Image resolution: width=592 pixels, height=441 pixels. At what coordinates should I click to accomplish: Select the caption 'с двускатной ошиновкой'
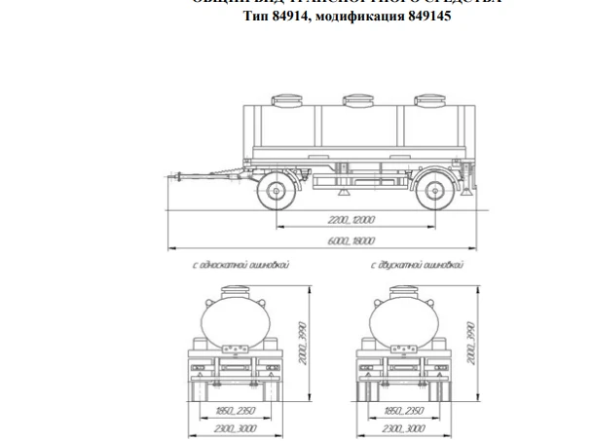(x=417, y=265)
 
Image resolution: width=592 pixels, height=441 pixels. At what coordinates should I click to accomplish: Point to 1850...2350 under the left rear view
(x=232, y=413)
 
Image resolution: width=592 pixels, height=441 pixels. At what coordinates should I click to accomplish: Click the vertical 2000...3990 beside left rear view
(x=304, y=341)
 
